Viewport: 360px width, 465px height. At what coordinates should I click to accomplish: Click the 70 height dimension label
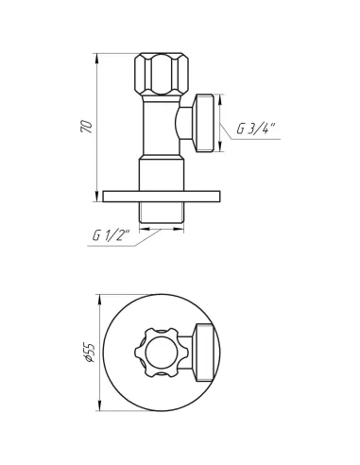(87, 127)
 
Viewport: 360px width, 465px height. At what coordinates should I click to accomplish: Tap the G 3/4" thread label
(256, 129)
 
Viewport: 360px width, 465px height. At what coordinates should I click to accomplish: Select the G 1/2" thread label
(111, 235)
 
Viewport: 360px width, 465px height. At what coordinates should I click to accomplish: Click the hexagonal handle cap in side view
(162, 74)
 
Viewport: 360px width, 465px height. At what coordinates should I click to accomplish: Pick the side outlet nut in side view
(204, 123)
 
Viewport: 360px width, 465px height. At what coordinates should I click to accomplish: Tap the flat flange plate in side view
(162, 197)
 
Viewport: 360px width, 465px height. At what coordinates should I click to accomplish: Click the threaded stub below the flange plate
(162, 213)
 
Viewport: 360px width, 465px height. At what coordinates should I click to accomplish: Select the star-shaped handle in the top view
(162, 353)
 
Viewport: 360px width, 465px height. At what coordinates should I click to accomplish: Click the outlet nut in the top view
(205, 353)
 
